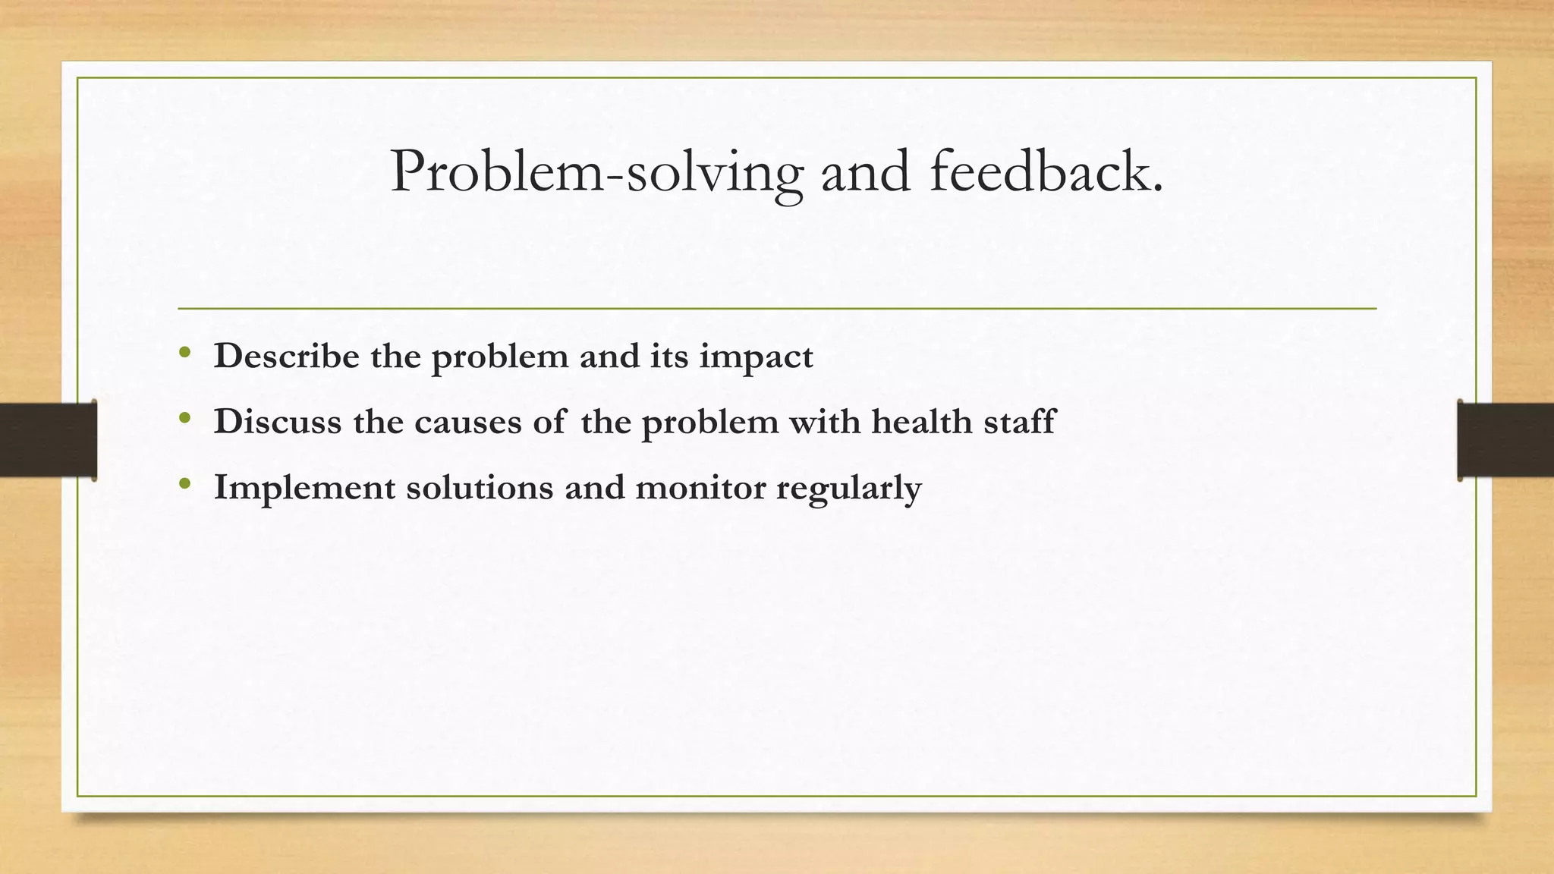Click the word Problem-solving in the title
[x=596, y=173]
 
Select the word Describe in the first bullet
[x=286, y=356]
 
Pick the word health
[x=921, y=422]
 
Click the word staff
[x=1019, y=422]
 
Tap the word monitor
[x=700, y=487]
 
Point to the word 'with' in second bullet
[x=825, y=422]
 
